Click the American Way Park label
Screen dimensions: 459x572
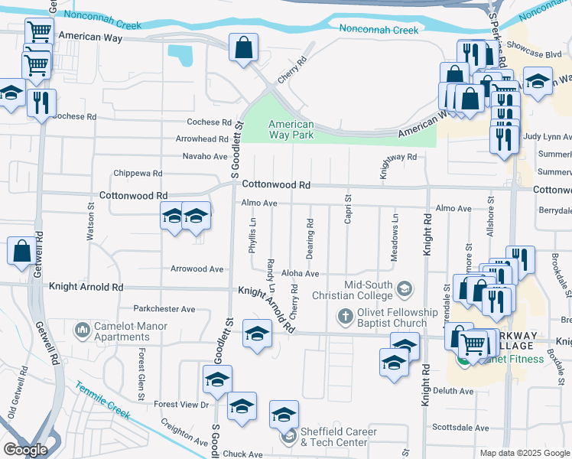tap(291, 129)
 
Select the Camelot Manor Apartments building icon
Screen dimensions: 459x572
tap(83, 330)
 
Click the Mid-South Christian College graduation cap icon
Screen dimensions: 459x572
tap(405, 289)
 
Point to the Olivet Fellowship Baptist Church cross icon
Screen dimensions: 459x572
tap(345, 316)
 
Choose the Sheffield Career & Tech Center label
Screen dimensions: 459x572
tap(333, 436)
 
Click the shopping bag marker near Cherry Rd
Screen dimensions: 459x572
tap(243, 47)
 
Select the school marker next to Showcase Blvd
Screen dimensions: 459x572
tap(538, 82)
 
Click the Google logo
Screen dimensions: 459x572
tap(26, 450)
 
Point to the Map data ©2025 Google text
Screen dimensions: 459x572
tap(524, 453)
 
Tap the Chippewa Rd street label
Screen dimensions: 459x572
tap(138, 174)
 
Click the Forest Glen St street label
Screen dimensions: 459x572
tap(141, 375)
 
